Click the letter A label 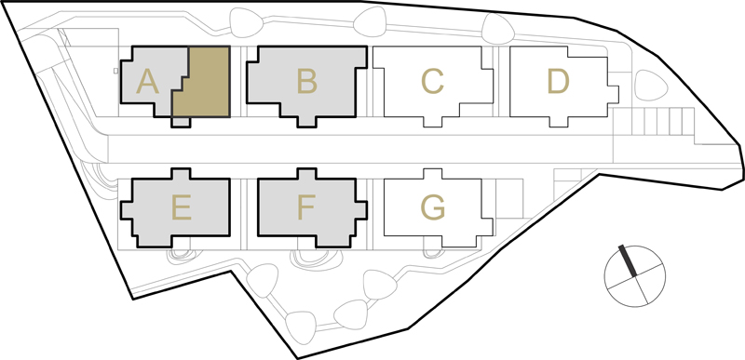(147, 81)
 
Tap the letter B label (307, 81)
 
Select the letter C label (432, 81)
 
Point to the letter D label (558, 81)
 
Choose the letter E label (182, 207)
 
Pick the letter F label (306, 207)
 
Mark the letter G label (433, 207)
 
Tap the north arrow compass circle (635, 276)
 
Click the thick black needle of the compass (627, 260)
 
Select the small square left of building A (115, 71)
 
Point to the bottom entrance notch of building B (306, 122)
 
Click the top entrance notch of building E (181, 174)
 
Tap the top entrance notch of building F (306, 174)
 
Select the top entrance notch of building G (432, 174)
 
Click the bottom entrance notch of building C (432, 122)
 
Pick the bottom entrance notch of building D (558, 122)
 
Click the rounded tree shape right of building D (651, 86)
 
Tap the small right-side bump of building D (613, 94)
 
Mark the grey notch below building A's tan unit (181, 123)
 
